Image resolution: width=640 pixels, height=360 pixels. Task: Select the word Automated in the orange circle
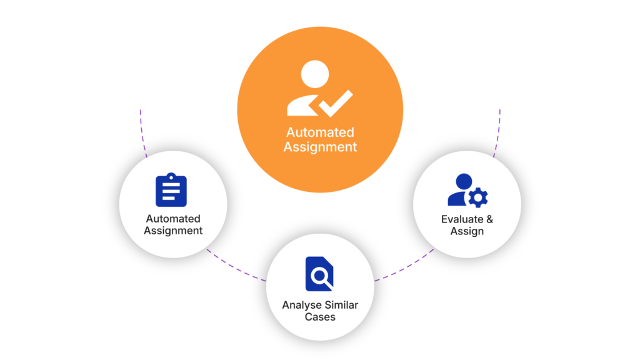pos(320,132)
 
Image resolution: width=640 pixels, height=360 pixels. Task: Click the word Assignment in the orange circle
pos(320,147)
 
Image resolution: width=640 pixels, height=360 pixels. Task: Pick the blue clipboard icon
pos(171,191)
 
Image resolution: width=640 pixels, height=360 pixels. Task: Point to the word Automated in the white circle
pos(173,219)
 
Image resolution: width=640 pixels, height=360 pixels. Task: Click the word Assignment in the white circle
pos(173,231)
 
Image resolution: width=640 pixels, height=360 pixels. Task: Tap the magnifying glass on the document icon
pos(322,276)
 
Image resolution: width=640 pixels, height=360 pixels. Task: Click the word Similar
pos(340,305)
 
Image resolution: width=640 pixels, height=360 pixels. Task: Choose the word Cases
pos(320,317)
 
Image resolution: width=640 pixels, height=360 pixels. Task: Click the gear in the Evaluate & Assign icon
pos(479,198)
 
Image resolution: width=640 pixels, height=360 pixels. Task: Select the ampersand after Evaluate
pos(489,219)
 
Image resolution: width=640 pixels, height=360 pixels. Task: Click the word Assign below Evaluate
pos(467,231)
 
